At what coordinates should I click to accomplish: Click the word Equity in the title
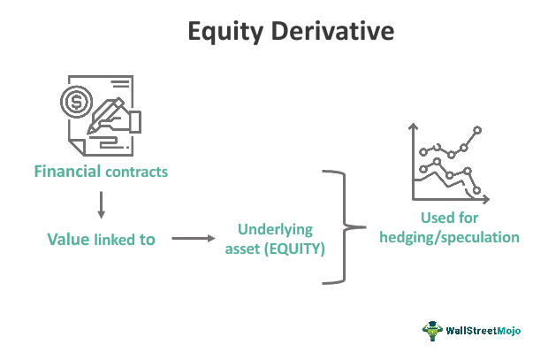225,32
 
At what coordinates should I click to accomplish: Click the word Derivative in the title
332,31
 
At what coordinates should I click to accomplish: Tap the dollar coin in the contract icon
76,102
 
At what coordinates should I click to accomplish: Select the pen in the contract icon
105,116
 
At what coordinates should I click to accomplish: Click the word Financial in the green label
67,172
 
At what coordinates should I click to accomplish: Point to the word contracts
136,172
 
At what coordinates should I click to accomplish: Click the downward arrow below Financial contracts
102,204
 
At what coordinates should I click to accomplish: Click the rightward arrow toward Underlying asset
194,239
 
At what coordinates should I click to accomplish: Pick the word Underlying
276,230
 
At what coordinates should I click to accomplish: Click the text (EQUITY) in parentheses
294,249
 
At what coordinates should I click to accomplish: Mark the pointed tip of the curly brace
365,227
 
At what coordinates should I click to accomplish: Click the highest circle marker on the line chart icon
477,131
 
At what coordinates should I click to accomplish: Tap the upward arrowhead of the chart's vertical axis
414,126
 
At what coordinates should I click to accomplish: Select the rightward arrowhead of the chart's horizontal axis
486,199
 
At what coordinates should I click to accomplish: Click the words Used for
449,218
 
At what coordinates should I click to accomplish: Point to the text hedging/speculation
449,238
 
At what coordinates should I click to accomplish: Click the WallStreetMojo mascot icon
432,331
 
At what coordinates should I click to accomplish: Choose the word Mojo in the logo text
509,331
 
